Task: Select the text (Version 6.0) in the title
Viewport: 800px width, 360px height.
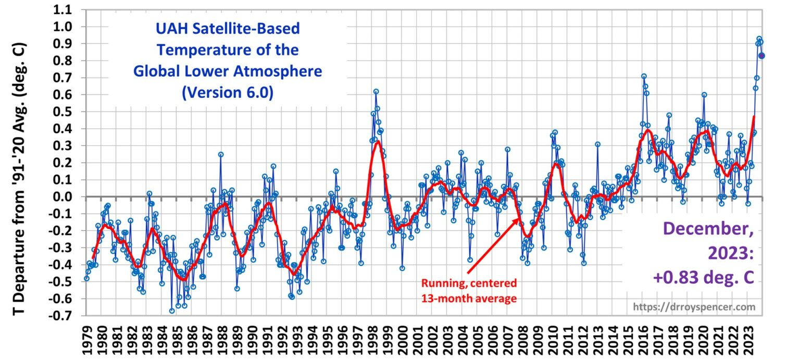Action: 228,92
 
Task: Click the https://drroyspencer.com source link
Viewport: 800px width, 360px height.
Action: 694,307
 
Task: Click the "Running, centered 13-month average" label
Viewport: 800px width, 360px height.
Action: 469,291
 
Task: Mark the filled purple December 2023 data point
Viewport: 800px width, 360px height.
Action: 761,56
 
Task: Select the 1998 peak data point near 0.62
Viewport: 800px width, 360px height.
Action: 376,91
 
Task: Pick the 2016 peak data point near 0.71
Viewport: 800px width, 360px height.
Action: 644,76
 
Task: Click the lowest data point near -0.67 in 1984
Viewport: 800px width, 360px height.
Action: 171,311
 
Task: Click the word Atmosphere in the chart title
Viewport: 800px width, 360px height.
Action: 277,71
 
